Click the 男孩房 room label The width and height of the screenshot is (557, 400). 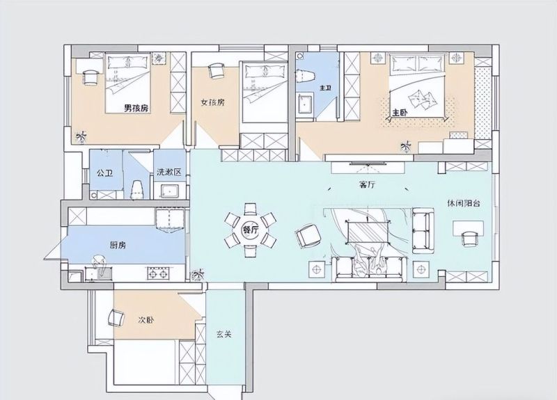136,109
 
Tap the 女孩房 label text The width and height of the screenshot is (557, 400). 212,102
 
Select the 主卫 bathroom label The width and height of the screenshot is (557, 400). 325,88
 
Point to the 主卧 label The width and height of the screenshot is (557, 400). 400,113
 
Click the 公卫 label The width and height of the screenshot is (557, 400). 105,173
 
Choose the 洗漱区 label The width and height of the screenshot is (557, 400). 169,172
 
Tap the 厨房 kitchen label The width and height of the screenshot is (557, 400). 118,245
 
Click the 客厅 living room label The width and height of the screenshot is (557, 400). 366,184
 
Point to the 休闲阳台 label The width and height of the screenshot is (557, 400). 464,203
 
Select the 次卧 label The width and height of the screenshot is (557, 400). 146,320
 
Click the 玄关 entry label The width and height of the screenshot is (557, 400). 224,334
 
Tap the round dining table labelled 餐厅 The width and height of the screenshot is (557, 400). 251,230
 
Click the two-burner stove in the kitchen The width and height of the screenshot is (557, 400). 158,273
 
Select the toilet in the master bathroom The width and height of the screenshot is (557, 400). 305,76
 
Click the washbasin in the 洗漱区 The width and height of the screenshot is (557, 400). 171,191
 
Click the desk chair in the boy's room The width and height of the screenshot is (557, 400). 90,77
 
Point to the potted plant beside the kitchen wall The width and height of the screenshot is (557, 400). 197,275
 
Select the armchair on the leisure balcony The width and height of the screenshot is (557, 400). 469,239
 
